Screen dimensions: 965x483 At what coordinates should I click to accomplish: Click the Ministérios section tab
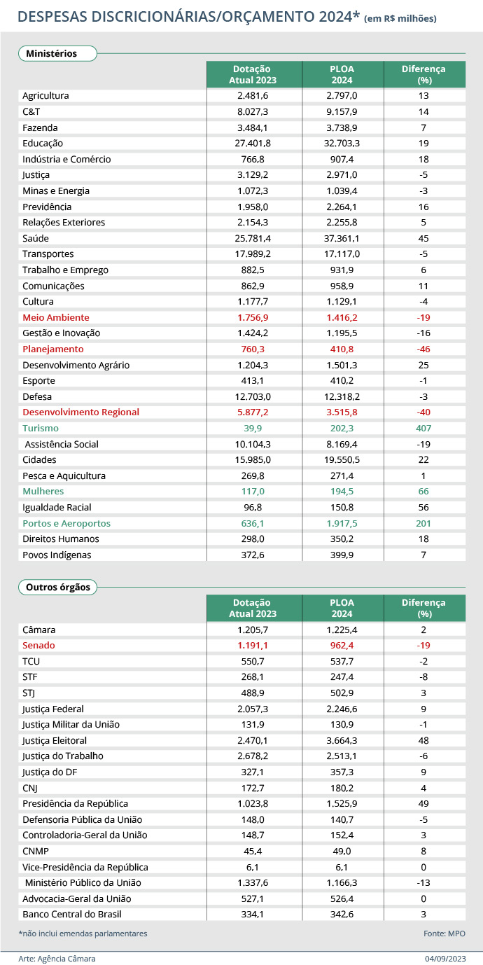click(x=51, y=53)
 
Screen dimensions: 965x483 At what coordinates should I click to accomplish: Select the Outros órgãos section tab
click(x=58, y=587)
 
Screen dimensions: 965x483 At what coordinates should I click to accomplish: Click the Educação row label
click(x=43, y=143)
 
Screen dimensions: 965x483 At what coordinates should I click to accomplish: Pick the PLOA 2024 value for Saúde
click(x=343, y=238)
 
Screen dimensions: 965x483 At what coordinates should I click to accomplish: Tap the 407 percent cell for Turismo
click(x=423, y=428)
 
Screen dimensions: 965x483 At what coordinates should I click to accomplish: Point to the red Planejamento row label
click(x=53, y=349)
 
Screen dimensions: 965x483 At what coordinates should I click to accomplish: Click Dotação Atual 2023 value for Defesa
click(x=253, y=396)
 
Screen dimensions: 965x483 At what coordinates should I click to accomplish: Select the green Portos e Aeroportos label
click(x=66, y=523)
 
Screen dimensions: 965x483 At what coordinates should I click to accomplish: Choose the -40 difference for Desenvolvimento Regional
click(x=423, y=412)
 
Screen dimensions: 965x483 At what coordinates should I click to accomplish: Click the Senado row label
click(x=38, y=645)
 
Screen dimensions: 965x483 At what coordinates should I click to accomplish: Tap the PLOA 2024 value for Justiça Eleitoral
click(x=343, y=740)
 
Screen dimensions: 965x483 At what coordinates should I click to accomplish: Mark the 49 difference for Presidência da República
click(x=423, y=803)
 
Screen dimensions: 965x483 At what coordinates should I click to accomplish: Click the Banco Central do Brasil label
click(x=73, y=914)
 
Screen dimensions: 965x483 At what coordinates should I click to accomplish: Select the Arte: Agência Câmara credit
click(x=57, y=958)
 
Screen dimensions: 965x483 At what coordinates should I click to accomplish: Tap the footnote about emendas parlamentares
click(x=83, y=933)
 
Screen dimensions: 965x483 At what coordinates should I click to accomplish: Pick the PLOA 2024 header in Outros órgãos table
click(x=342, y=608)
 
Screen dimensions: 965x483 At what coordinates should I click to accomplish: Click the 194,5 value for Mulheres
click(x=343, y=492)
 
